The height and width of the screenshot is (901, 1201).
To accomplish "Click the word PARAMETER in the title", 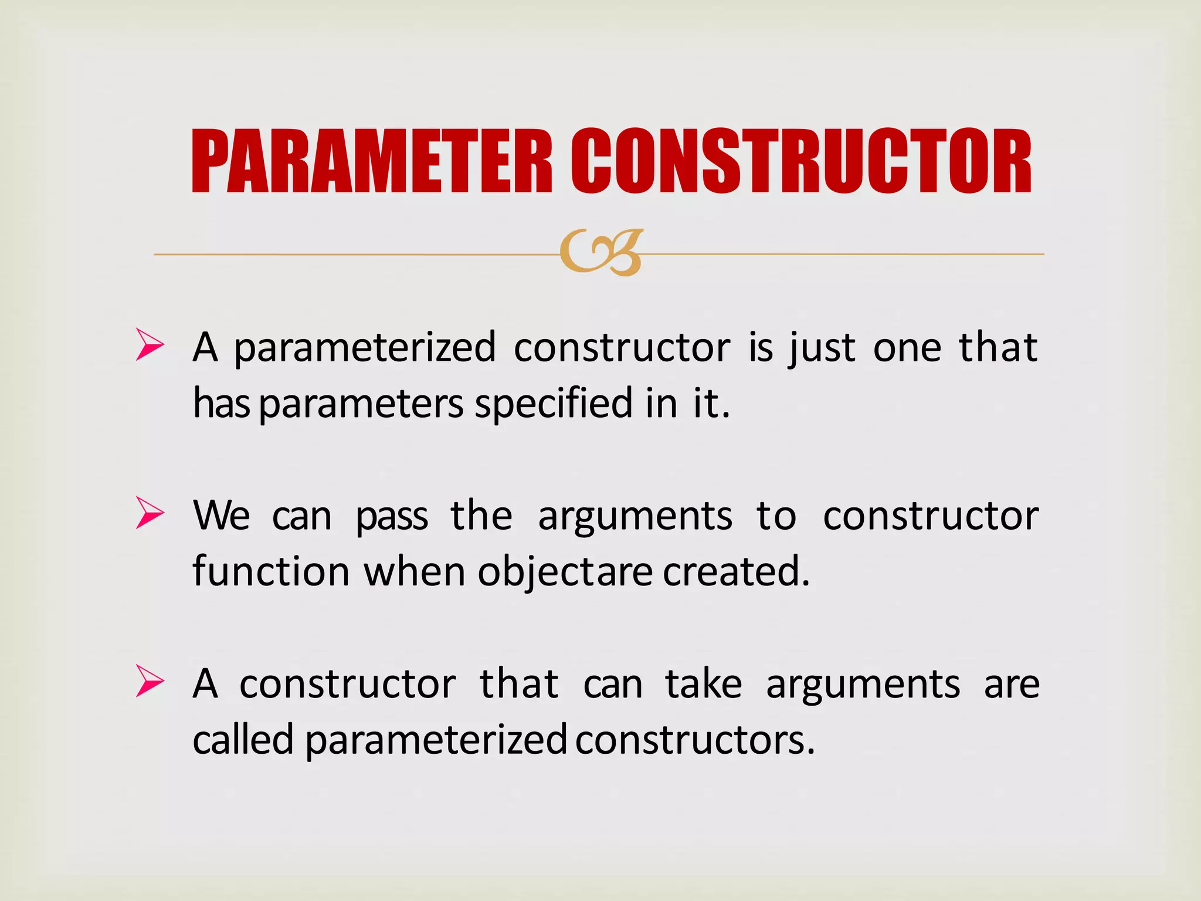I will click(372, 161).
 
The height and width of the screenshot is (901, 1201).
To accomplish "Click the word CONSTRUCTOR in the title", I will click(801, 161).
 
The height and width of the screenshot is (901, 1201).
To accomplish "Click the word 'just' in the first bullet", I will click(822, 348).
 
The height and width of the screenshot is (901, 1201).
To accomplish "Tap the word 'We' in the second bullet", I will click(222, 516).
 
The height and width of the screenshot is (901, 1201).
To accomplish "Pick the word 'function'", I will click(271, 571).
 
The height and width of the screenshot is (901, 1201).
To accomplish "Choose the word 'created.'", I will click(736, 571).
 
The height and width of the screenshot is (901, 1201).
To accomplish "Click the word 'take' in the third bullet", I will click(703, 684).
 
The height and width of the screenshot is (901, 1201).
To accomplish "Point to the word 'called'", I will click(243, 740).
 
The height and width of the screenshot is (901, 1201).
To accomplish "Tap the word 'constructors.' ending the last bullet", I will click(695, 740).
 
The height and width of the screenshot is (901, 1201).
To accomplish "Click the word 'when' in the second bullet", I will click(414, 571).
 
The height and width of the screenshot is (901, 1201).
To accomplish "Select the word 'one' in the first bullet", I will click(907, 348).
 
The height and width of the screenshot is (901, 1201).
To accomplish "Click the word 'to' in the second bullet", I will click(776, 516).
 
